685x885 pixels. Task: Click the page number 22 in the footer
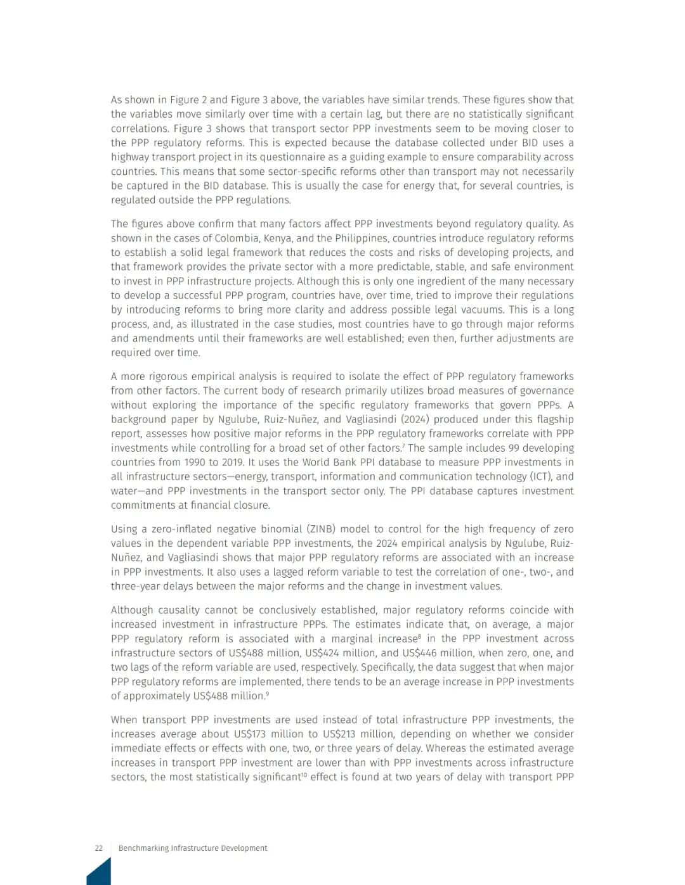98,848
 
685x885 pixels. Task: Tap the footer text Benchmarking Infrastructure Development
193,848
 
